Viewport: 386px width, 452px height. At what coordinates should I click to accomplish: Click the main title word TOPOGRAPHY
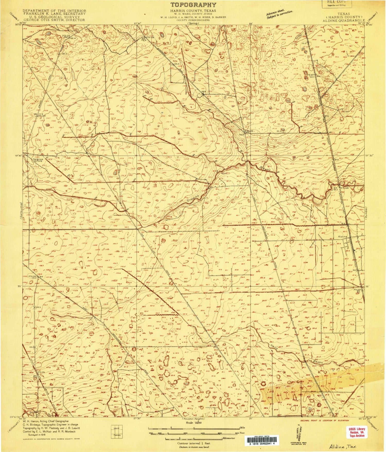193,5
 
